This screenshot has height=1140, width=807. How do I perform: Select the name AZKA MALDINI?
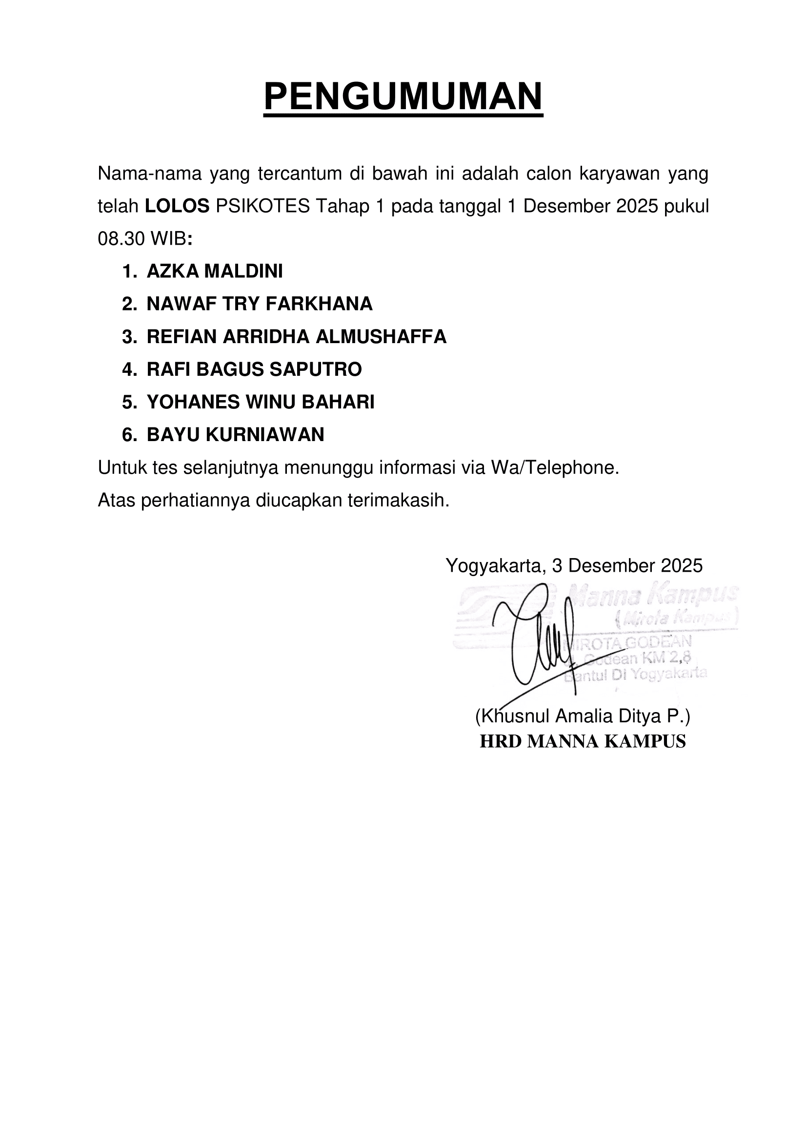point(215,271)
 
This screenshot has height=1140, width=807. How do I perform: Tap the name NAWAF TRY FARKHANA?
point(260,304)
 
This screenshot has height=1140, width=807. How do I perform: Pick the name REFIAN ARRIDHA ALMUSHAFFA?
point(297,337)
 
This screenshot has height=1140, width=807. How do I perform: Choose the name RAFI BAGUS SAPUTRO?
point(254,369)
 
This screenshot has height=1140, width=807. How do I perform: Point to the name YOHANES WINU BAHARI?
point(261,402)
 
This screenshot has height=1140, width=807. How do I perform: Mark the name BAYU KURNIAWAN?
point(236,435)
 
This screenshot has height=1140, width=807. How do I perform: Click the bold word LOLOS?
point(177,206)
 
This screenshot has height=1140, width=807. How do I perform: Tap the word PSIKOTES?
point(263,206)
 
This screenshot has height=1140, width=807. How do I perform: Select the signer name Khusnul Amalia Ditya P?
point(583,716)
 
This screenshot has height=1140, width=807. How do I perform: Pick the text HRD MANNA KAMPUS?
point(583,741)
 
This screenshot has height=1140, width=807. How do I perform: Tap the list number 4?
point(128,369)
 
